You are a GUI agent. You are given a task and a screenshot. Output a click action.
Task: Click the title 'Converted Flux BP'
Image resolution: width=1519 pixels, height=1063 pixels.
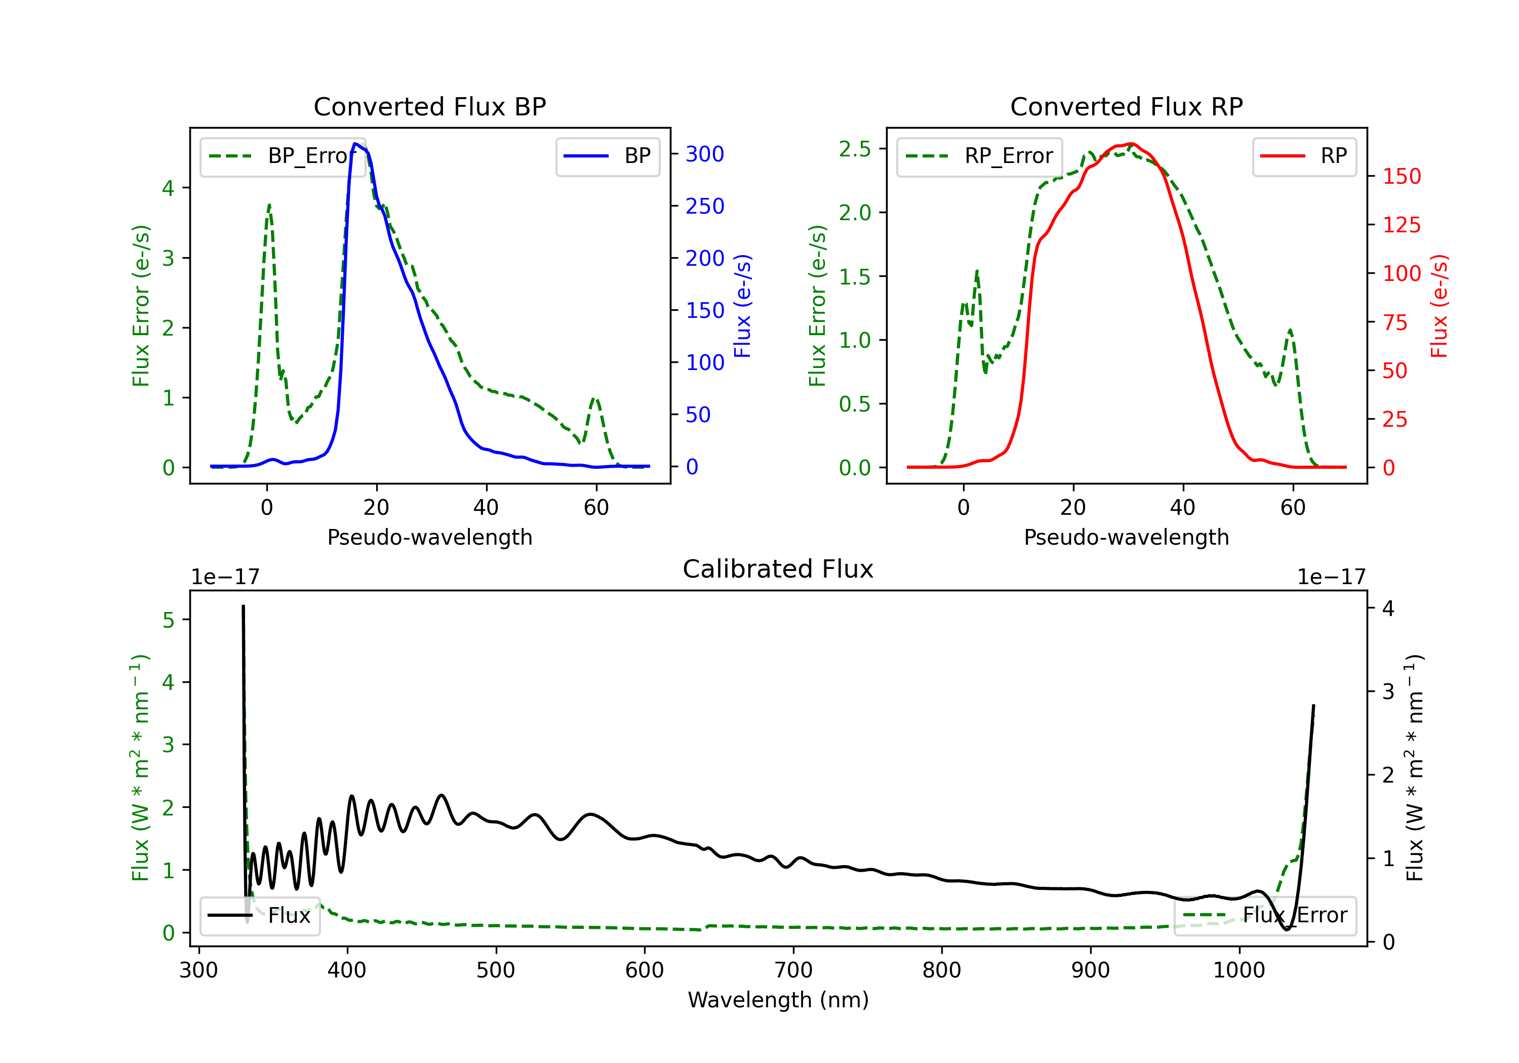(x=429, y=106)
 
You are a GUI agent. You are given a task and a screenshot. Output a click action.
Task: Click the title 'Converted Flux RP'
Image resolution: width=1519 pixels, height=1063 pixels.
(x=1126, y=106)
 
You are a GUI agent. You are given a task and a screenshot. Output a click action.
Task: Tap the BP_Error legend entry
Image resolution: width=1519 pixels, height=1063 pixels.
(x=283, y=156)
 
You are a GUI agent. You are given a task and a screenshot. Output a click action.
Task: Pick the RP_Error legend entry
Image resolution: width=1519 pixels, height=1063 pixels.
(x=979, y=156)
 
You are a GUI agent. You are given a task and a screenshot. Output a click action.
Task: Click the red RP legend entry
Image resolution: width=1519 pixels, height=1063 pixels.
(x=1304, y=156)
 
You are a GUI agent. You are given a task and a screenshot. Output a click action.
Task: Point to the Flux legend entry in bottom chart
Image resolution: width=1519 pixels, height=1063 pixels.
(x=260, y=916)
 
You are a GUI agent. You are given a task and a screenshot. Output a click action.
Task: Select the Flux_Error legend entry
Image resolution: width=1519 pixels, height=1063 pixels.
(x=1264, y=916)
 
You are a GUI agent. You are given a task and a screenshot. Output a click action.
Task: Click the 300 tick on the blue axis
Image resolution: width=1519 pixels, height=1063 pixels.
(x=705, y=154)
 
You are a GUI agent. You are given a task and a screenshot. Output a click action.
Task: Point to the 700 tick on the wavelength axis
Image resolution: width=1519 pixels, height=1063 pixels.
(x=793, y=970)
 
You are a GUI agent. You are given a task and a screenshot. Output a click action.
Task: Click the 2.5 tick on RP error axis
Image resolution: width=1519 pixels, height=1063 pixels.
(x=855, y=149)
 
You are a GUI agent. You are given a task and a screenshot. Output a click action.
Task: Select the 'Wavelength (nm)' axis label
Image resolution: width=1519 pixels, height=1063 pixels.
(x=778, y=1000)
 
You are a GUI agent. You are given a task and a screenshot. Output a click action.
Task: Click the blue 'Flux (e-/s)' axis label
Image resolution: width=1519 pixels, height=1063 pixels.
(x=742, y=306)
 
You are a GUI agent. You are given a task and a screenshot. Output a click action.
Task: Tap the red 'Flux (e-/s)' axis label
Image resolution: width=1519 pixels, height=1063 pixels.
(x=1439, y=306)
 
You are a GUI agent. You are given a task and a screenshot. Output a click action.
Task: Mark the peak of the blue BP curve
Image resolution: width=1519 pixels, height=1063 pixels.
(x=356, y=144)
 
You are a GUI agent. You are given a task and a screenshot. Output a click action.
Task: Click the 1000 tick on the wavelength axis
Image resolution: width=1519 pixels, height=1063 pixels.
(x=1239, y=970)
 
